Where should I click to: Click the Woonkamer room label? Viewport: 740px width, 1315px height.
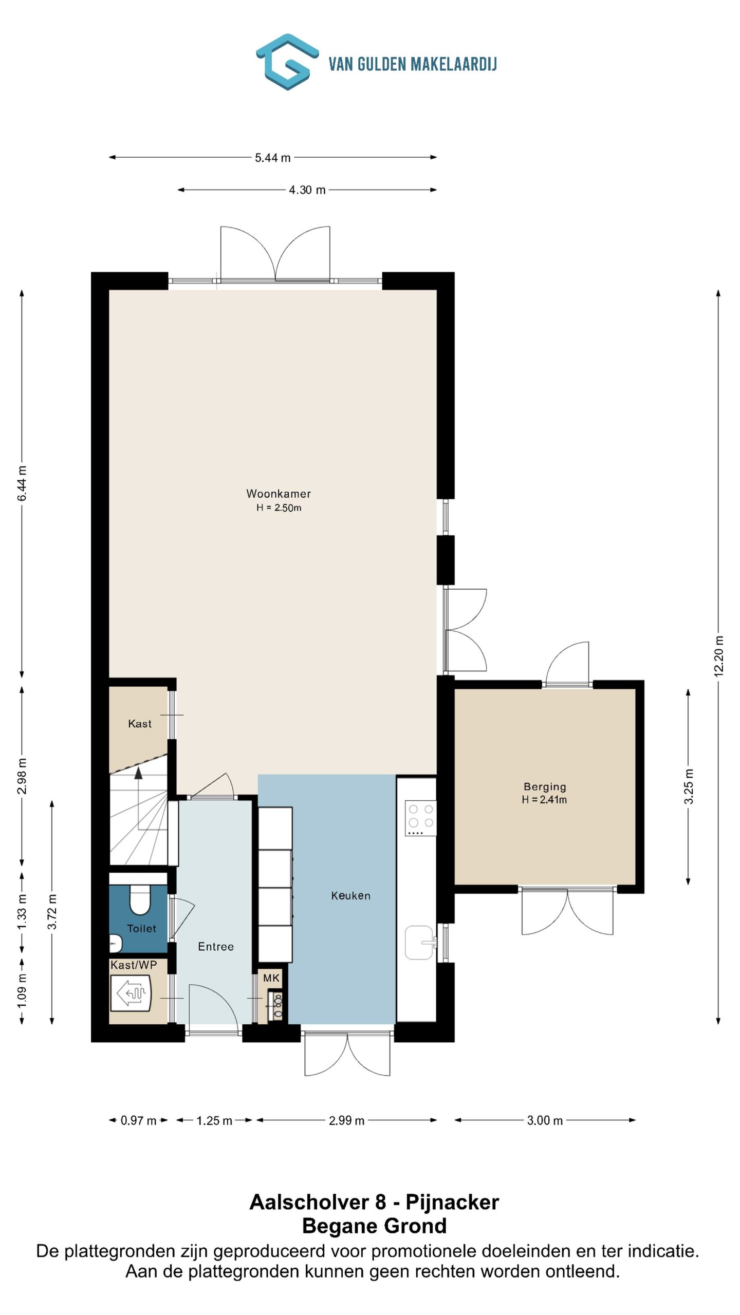[x=279, y=494]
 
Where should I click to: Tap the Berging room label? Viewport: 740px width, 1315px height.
[x=545, y=786]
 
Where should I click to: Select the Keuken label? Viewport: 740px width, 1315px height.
[x=350, y=896]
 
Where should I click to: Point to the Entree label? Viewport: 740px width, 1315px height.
[x=216, y=946]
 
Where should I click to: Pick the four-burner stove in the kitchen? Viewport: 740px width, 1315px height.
[x=420, y=818]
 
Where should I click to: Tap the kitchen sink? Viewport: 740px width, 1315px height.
[x=420, y=943]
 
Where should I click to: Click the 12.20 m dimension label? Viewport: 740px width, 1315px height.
[x=718, y=656]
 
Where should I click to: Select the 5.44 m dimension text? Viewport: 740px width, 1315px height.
[x=273, y=158]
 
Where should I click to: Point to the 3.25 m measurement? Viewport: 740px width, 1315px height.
[x=689, y=786]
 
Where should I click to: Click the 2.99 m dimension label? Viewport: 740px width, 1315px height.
[x=346, y=1120]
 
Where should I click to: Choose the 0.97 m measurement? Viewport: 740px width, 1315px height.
[x=138, y=1120]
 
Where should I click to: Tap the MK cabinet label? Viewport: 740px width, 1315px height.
[x=271, y=978]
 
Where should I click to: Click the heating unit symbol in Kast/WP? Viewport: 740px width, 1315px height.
[x=131, y=993]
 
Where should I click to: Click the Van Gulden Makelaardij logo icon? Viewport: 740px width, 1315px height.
[x=287, y=62]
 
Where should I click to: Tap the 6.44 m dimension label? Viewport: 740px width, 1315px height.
[x=22, y=483]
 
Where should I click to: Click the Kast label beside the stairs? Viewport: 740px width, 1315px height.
[x=140, y=724]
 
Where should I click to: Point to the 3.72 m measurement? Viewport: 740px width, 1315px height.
[x=52, y=912]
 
